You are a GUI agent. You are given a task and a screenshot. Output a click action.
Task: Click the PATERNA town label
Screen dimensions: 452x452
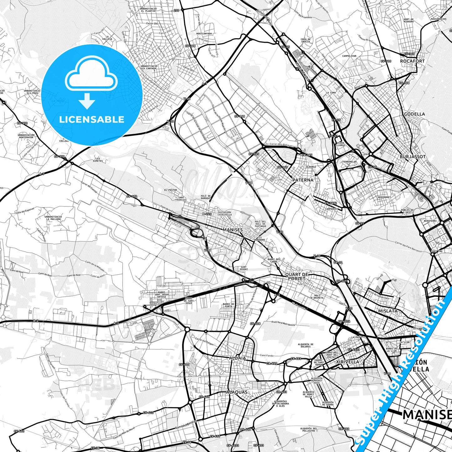(x=302, y=180)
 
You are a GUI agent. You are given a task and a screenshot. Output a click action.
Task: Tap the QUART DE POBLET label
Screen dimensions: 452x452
(x=297, y=276)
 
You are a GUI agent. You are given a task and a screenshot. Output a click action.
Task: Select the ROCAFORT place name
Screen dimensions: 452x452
(x=412, y=61)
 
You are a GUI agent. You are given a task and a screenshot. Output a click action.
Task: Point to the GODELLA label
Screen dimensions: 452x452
(x=414, y=114)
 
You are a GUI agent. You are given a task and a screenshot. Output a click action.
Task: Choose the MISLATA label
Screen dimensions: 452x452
(x=388, y=311)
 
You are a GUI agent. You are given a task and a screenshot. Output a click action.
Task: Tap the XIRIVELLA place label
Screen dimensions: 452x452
(x=348, y=362)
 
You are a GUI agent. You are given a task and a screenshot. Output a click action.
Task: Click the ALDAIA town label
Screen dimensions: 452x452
(x=237, y=358)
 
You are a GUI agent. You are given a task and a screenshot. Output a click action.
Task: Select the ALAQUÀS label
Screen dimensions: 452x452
(x=237, y=392)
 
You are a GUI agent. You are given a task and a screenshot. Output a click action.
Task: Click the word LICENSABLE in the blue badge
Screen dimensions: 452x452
(x=92, y=119)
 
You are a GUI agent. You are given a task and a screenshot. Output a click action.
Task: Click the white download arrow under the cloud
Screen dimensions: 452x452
(x=87, y=101)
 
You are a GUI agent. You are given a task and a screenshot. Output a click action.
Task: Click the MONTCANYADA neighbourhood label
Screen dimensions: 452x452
(x=204, y=34)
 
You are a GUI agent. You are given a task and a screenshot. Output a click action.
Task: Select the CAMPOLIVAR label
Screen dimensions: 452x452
(x=349, y=56)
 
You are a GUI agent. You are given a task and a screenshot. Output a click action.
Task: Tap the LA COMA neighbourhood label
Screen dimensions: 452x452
(x=331, y=93)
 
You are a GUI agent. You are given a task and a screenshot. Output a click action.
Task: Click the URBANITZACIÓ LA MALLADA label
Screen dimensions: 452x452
(x=53, y=218)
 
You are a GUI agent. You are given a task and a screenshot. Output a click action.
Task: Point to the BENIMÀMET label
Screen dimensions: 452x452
(x=384, y=197)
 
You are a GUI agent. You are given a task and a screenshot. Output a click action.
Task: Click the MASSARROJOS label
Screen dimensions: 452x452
(x=438, y=19)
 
